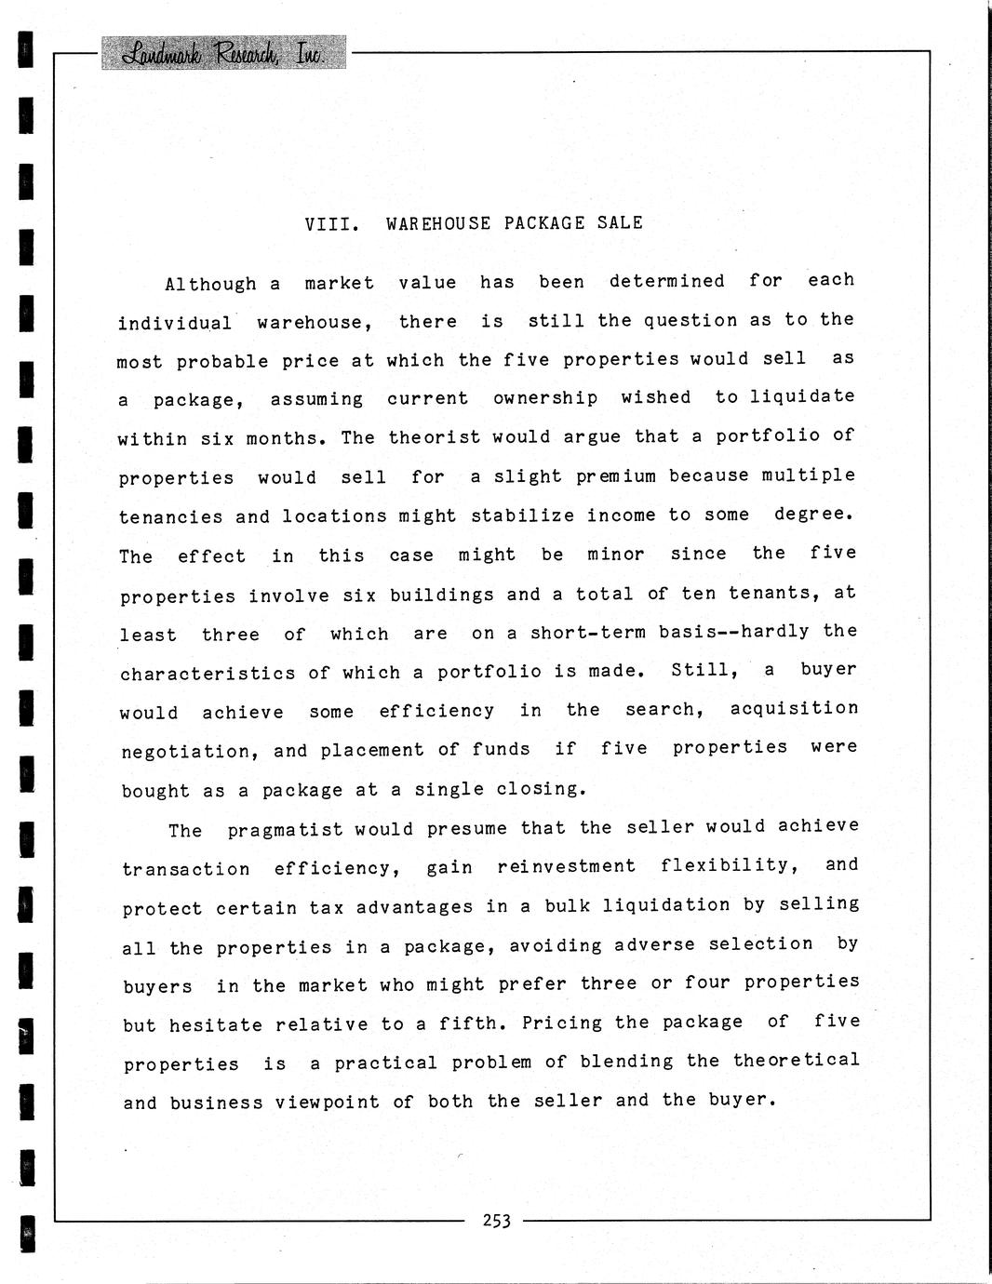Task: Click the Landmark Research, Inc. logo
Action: tap(223, 53)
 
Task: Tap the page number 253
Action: tap(497, 1221)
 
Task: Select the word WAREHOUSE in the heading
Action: tap(438, 223)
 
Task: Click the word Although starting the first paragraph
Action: tap(210, 284)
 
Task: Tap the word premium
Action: tap(616, 476)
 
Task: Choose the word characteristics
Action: tap(208, 673)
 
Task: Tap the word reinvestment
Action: tap(567, 866)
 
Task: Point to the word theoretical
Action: tap(797, 1061)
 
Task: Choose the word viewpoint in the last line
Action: tap(328, 1103)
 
